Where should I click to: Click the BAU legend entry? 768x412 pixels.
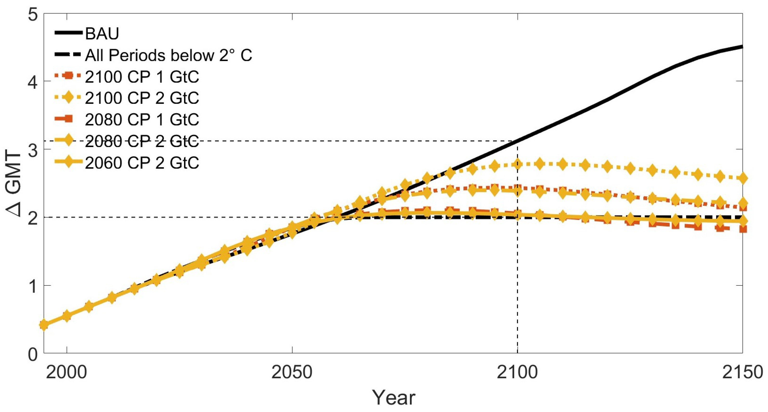[102, 33]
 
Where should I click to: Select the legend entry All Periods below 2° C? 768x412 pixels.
[168, 55]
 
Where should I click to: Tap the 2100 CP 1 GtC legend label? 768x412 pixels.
[142, 77]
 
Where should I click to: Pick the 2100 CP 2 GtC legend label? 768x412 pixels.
[142, 98]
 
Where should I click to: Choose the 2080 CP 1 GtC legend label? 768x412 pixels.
[142, 120]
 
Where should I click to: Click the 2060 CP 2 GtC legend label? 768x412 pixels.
[142, 163]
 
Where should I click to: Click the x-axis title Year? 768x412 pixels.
[394, 398]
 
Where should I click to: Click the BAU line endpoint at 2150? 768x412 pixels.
[742, 47]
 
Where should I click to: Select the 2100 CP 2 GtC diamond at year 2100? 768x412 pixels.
[517, 164]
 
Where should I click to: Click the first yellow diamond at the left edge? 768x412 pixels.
[44, 325]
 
